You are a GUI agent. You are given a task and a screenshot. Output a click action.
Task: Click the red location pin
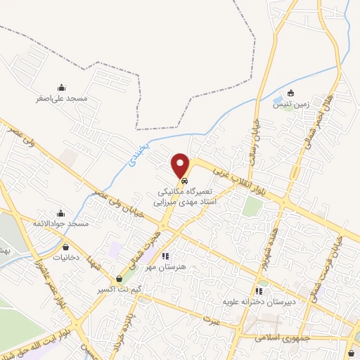[182, 165]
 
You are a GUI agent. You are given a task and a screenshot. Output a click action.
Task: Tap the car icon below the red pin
[184, 181]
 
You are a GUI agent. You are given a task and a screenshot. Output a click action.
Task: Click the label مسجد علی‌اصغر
[62, 98]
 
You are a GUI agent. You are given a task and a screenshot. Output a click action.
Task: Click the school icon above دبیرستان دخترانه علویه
[259, 290]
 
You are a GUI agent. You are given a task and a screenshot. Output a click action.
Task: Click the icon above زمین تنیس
[291, 94]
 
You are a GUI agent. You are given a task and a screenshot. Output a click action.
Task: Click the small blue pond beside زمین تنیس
[277, 96]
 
